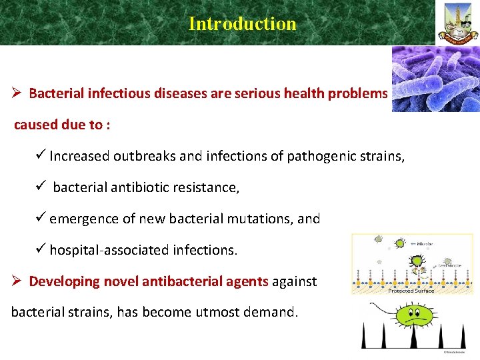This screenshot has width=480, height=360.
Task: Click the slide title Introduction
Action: click(x=242, y=23)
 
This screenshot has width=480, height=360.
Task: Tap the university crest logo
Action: click(x=457, y=23)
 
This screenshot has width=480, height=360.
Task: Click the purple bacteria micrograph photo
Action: click(x=435, y=78)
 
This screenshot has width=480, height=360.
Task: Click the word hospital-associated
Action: click(x=109, y=250)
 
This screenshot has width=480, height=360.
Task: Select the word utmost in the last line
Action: click(x=219, y=312)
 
